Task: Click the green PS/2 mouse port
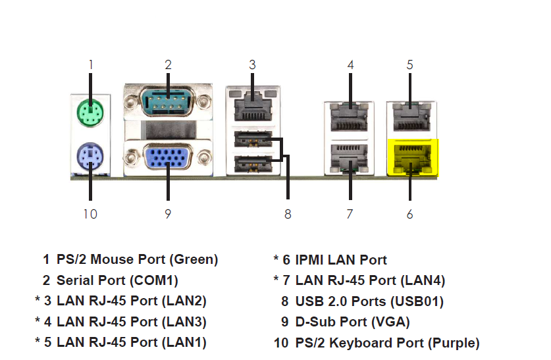[90, 113]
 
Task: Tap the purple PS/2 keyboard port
[90, 156]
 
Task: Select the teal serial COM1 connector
[168, 102]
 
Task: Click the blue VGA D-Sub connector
[168, 157]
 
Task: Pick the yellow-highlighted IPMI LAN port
[413, 157]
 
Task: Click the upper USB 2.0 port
[253, 139]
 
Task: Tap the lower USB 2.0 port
[253, 164]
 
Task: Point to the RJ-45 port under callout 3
[253, 105]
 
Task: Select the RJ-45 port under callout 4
[350, 117]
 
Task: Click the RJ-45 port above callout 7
[350, 158]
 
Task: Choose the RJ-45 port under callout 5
[412, 117]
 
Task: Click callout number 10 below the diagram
[90, 214]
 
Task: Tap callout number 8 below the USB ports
[288, 214]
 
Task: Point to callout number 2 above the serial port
[168, 64]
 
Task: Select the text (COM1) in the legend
[154, 280]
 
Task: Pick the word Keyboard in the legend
[377, 343]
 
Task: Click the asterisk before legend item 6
[276, 258]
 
